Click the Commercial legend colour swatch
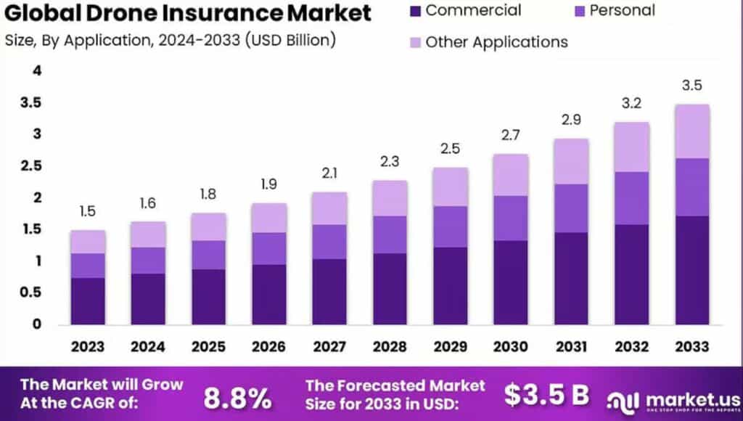[x=414, y=11]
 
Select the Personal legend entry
[x=622, y=11]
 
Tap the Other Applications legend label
[x=496, y=41]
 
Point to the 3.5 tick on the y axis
[x=31, y=103]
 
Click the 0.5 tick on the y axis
[x=31, y=293]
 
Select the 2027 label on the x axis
[x=329, y=347]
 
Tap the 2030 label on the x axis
[x=511, y=347]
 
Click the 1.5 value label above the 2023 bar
[x=87, y=212]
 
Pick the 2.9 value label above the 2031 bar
[x=571, y=120]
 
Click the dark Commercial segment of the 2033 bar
[x=692, y=270]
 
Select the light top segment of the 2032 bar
[x=632, y=147]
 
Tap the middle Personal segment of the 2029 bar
[x=451, y=226]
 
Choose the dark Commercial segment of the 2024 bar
[x=148, y=298]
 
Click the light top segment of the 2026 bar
[x=269, y=218]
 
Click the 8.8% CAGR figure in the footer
[x=237, y=397]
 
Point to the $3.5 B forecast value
[x=546, y=396]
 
